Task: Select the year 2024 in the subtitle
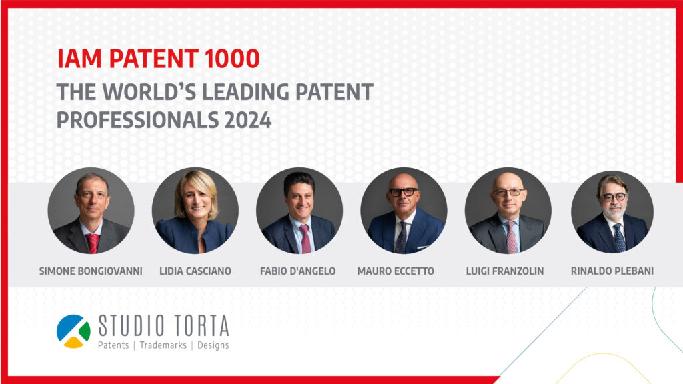248,120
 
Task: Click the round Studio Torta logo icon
73,331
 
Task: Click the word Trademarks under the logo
163,345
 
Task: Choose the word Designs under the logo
213,345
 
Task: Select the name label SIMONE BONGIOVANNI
91,271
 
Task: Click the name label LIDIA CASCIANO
195,271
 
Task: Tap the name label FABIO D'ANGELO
298,271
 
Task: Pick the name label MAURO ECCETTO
396,271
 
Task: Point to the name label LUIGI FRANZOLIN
505,271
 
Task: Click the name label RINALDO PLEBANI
612,271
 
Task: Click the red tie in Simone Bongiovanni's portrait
93,243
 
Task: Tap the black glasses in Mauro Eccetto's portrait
404,191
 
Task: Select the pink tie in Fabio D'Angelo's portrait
305,239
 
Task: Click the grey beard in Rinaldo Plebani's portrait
614,213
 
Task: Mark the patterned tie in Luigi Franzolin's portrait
511,237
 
